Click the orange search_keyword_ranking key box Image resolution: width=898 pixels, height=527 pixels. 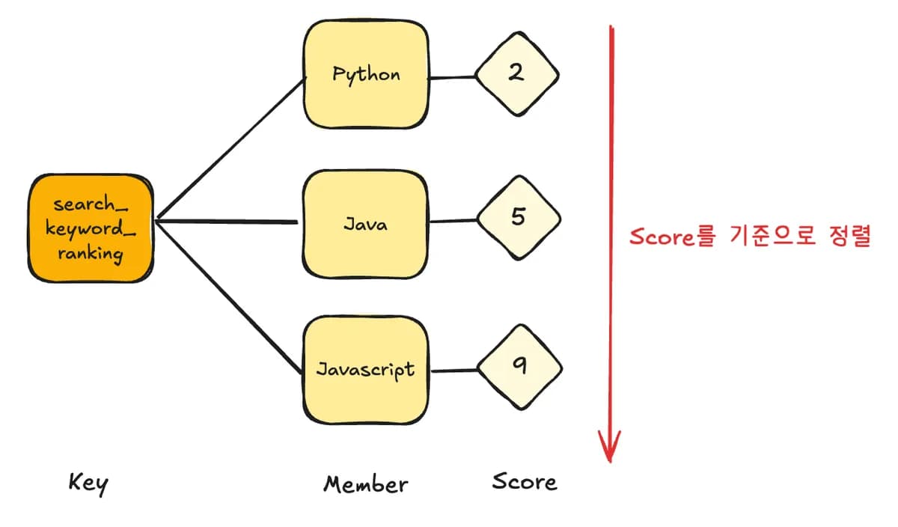(91, 228)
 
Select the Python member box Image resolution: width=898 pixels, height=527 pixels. (366, 74)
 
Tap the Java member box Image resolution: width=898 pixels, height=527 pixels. (365, 224)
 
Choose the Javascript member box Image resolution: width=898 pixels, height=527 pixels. (366, 370)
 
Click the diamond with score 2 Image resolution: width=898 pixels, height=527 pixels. (517, 74)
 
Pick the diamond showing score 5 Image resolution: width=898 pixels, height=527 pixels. (519, 218)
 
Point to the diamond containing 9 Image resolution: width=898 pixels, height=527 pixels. (520, 367)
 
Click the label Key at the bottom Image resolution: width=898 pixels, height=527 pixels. (88, 484)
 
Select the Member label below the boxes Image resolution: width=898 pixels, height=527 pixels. (366, 484)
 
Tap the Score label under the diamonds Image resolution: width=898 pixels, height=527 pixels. (525, 481)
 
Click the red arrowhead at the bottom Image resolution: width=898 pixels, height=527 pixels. (609, 447)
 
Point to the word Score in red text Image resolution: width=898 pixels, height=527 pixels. (662, 237)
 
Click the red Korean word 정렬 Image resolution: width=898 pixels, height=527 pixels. (850, 236)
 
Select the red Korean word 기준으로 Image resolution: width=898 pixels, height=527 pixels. (772, 236)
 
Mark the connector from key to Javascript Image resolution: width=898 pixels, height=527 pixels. (228, 296)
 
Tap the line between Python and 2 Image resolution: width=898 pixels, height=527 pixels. (452, 77)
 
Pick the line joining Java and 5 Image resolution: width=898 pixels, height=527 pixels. (453, 221)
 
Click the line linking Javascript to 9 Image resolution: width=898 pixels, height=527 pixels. (454, 371)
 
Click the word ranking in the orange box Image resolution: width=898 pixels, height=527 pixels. (91, 255)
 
